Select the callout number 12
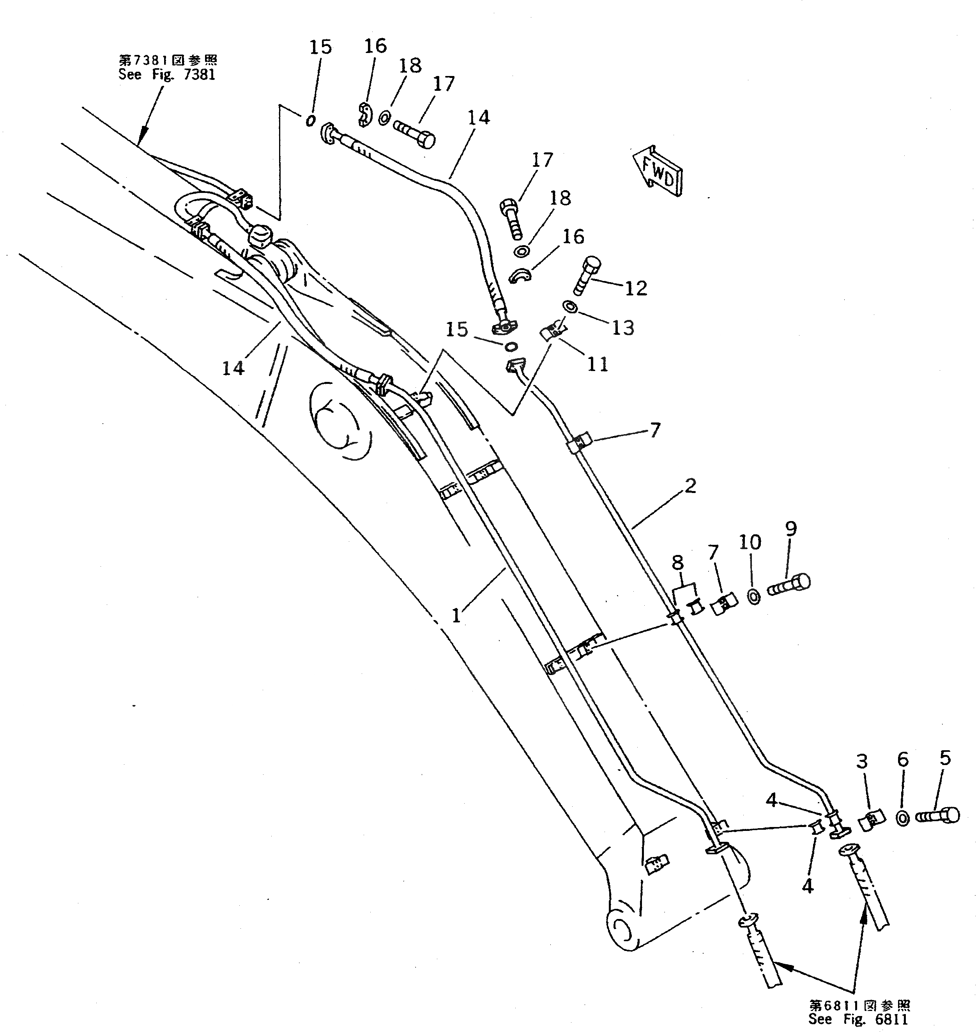click(636, 288)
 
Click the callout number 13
click(623, 328)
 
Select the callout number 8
click(677, 562)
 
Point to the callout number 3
click(862, 762)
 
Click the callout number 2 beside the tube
click(690, 486)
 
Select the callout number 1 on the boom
click(456, 615)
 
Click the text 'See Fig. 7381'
click(167, 74)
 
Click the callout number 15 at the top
click(320, 47)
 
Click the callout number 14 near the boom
click(233, 368)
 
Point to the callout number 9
click(790, 529)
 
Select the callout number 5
click(945, 758)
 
